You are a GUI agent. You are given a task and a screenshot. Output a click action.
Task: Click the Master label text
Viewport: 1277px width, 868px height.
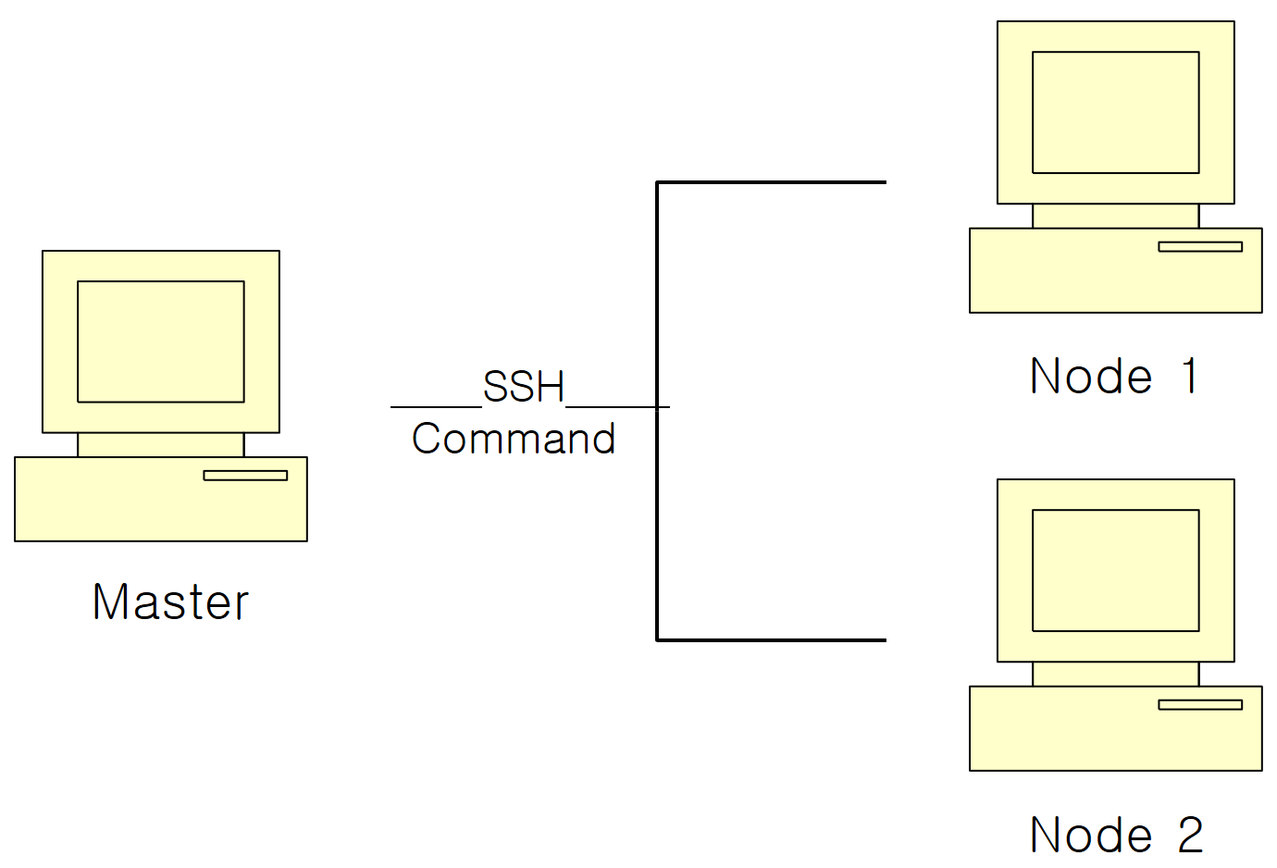[x=170, y=601]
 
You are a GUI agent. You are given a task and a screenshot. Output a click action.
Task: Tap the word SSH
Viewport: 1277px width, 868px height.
[x=524, y=387]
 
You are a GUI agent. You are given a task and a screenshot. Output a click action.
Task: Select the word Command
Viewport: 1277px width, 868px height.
[x=514, y=439]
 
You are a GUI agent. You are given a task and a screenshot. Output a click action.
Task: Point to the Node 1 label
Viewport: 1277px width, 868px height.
[x=1114, y=377]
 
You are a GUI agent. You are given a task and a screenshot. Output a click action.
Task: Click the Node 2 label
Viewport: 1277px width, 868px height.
[x=1116, y=835]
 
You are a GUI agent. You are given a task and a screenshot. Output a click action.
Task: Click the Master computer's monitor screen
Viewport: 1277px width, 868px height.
[x=161, y=341]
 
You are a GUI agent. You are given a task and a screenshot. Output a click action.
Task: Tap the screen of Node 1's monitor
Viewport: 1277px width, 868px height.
[x=1115, y=112]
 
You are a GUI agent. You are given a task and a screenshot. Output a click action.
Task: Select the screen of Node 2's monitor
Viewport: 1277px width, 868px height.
[x=1115, y=570]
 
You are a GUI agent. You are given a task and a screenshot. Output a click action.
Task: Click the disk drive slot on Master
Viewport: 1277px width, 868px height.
[x=245, y=476]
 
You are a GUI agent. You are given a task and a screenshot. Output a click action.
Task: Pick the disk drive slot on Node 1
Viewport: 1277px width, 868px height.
[x=1200, y=247]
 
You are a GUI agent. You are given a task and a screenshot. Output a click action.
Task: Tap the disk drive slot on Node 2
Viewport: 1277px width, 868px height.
[x=1200, y=705]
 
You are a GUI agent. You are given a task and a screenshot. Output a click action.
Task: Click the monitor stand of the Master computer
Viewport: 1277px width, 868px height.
[x=161, y=445]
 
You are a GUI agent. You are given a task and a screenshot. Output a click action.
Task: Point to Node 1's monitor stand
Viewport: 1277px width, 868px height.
[x=1115, y=217]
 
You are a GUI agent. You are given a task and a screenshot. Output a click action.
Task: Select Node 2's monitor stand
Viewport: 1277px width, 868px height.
[x=1115, y=675]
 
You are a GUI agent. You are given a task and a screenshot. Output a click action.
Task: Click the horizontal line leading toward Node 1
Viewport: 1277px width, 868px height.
[x=772, y=182]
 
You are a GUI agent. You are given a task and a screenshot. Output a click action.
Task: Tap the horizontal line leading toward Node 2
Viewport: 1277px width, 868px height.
[x=772, y=639]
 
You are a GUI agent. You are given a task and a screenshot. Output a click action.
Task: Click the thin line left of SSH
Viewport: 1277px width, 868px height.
[x=436, y=406]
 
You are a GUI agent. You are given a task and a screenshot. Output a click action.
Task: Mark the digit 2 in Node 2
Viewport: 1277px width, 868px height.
[x=1190, y=835]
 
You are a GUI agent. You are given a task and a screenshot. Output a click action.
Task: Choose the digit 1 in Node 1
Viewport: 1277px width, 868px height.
[x=1190, y=377]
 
